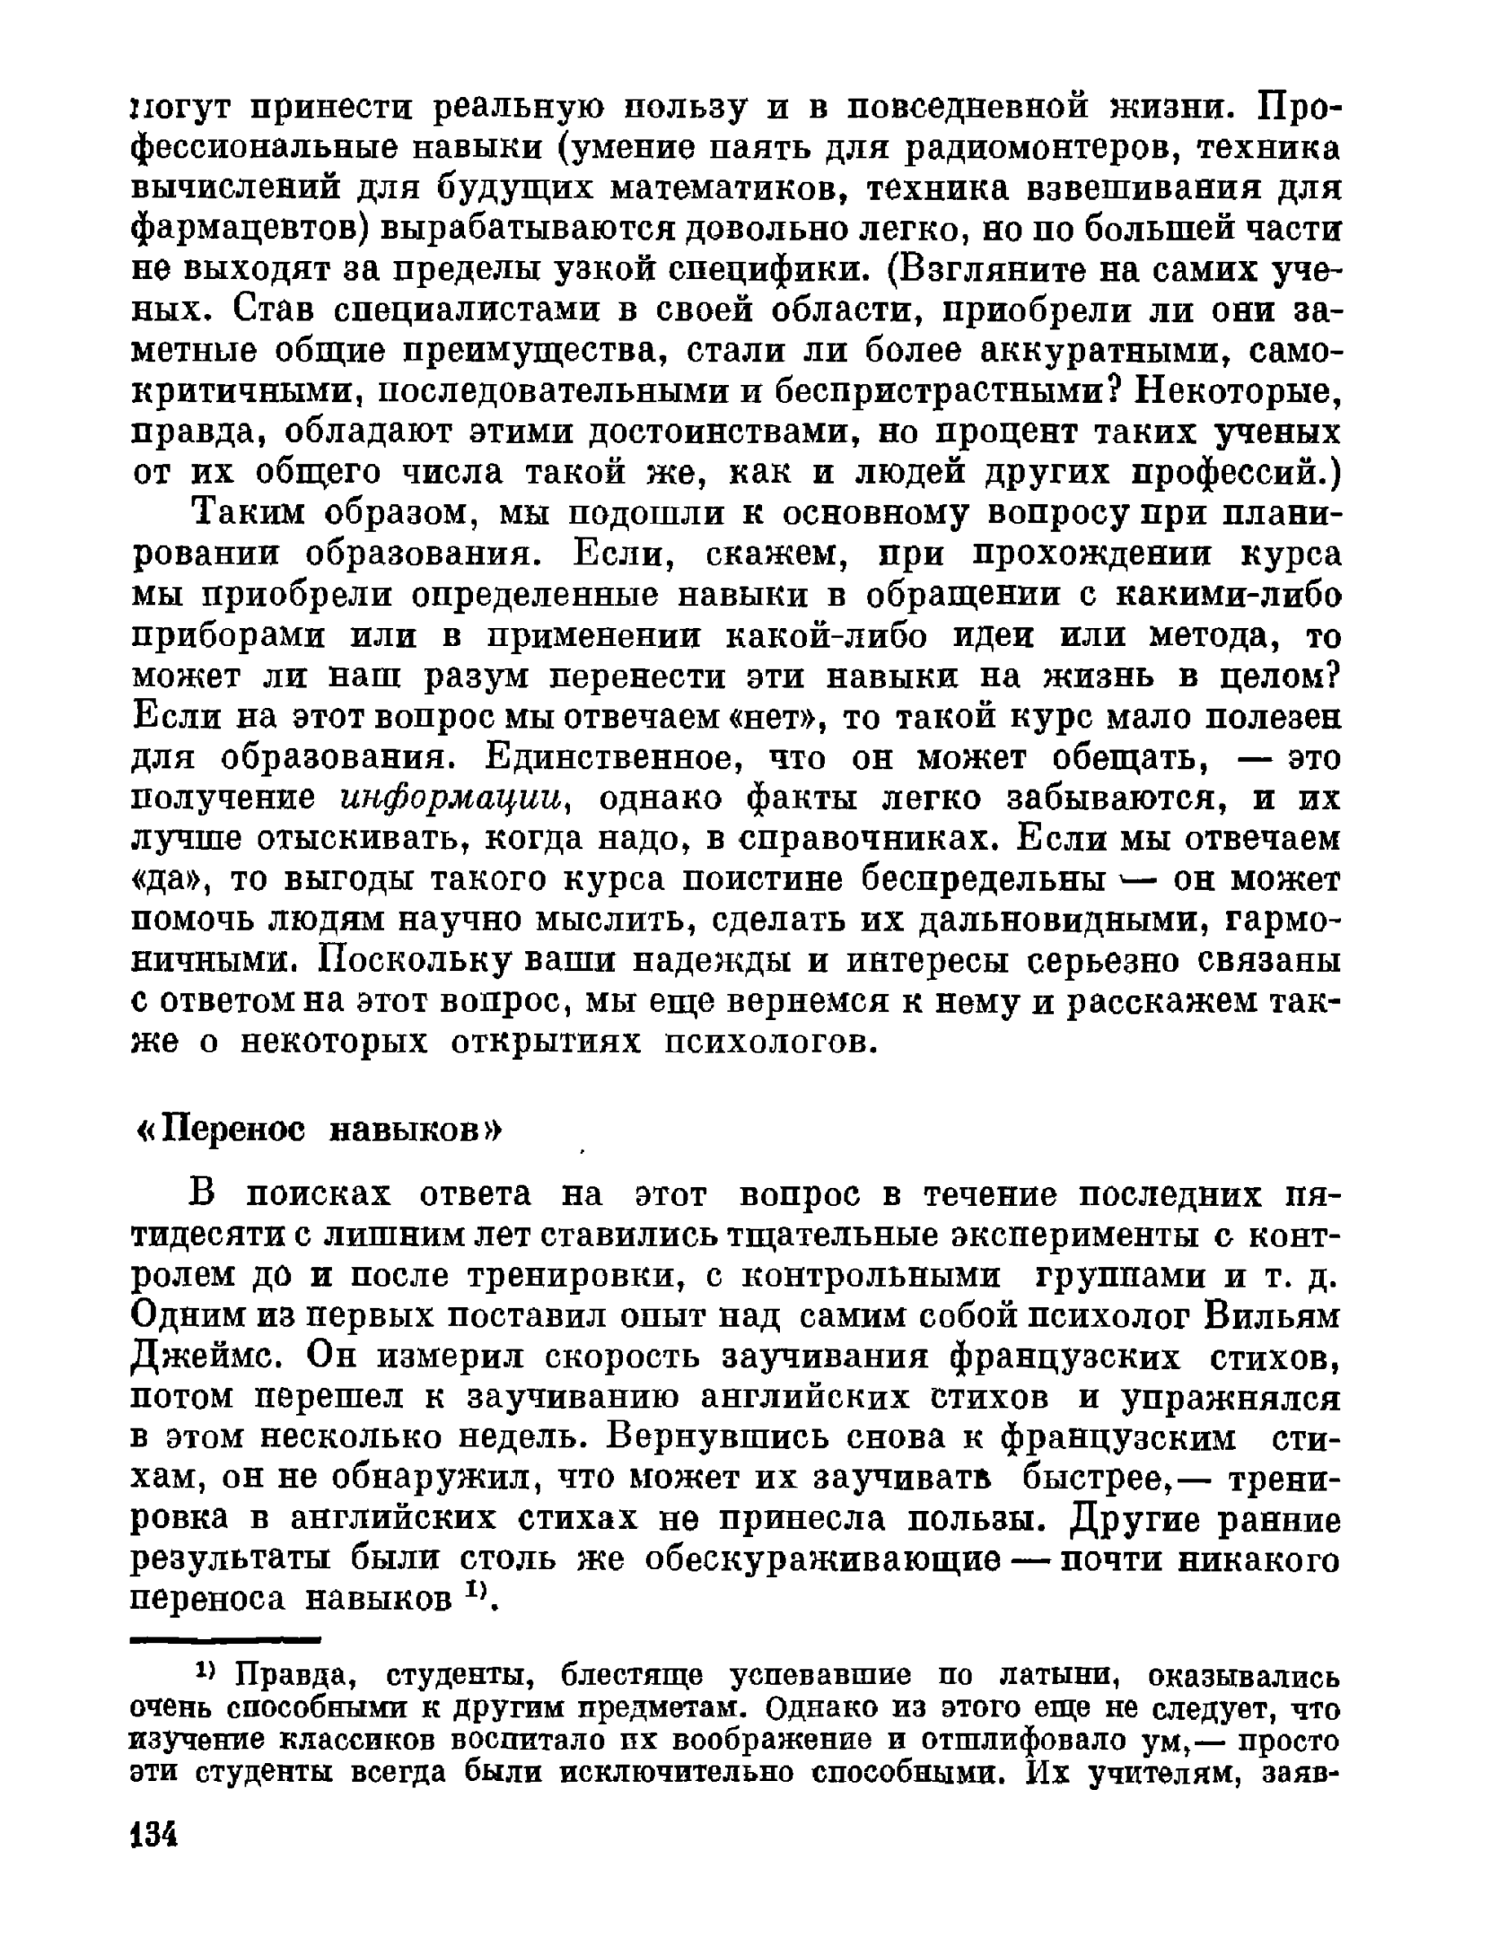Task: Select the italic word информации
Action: point(457,799)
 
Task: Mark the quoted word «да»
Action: point(171,880)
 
